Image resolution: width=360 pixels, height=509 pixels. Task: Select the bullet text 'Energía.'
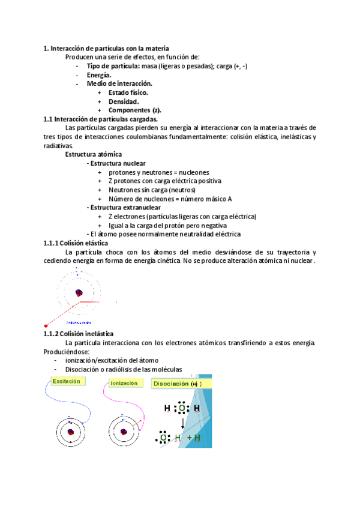pos(98,75)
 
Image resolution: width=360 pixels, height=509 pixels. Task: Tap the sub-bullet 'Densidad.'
pos(124,101)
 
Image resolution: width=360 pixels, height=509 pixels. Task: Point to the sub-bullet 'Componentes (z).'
pos(135,110)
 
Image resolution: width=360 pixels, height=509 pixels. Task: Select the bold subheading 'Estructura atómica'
pos(93,154)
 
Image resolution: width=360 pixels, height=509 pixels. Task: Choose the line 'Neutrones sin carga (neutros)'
pos(152,190)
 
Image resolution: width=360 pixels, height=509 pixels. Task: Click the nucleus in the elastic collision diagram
pos(78,292)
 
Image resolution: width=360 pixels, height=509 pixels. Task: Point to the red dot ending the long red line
pos(47,325)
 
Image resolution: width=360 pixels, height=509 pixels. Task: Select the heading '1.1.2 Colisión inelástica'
pos(78,334)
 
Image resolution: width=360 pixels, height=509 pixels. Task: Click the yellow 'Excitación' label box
pos(68,381)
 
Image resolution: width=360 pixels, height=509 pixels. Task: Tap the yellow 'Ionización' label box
pos(124,382)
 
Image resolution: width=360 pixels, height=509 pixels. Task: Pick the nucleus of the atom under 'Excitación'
pos(71,431)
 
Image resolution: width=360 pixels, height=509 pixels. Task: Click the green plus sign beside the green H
pos(190,438)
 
